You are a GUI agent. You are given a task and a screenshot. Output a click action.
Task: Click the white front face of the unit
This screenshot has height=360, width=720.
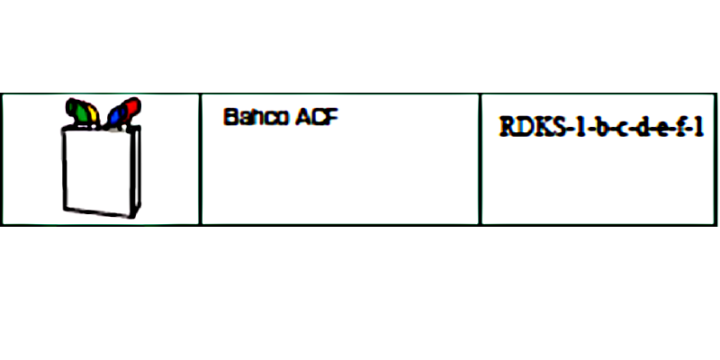point(98,171)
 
